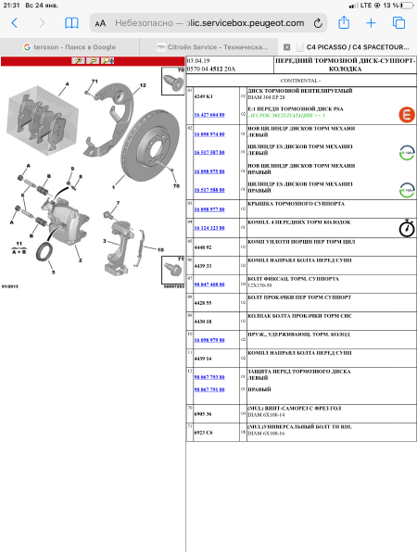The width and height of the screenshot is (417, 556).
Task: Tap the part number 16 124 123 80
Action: [x=208, y=227]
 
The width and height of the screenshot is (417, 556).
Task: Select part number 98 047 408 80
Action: [x=208, y=284]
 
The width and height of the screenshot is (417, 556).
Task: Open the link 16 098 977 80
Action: [x=208, y=209]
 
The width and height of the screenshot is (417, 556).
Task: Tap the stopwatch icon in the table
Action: [x=405, y=227]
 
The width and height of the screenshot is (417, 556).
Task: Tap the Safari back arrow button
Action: [x=14, y=22]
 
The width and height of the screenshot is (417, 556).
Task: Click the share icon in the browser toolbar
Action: [x=344, y=22]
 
